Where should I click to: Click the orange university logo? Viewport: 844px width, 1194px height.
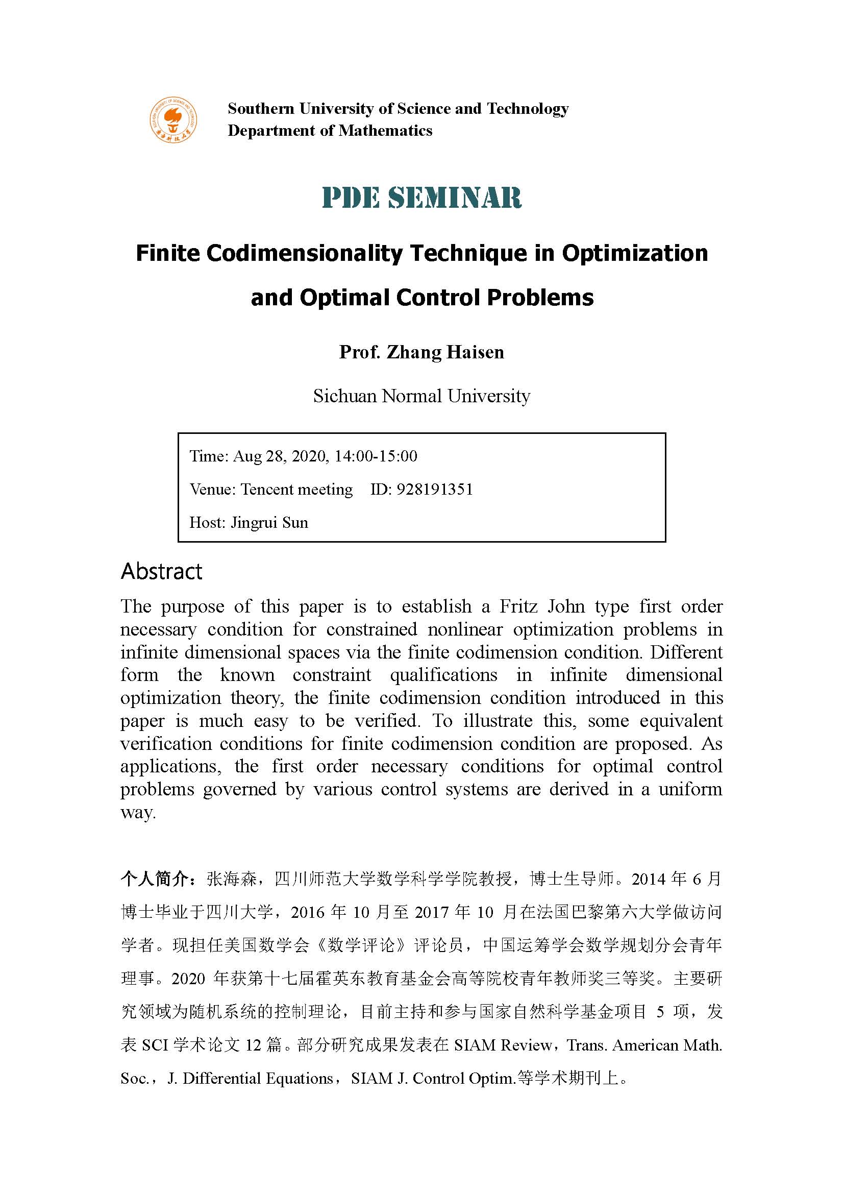[173, 119]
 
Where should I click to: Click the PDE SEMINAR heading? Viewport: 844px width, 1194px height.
[421, 198]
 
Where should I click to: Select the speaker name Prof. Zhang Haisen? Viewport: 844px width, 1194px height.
[421, 352]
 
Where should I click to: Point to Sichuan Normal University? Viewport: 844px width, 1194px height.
[421, 396]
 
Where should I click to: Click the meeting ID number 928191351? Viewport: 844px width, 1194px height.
[434, 490]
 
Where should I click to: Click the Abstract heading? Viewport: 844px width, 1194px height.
[161, 572]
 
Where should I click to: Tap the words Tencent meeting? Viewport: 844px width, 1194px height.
[296, 490]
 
